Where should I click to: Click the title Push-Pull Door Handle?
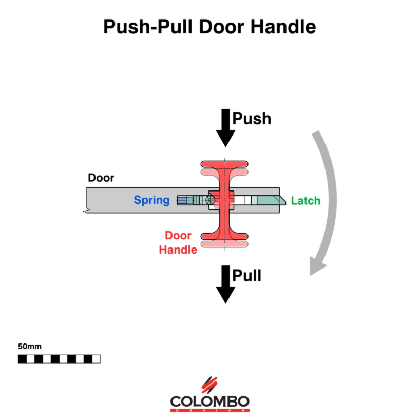point(209,26)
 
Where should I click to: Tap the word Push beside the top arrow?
point(252,119)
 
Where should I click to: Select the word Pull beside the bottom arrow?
point(247,275)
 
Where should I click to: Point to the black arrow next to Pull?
point(225,284)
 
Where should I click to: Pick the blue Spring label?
point(151,200)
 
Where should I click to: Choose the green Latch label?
point(306,201)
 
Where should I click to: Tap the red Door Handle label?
point(178,243)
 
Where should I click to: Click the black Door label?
point(101,178)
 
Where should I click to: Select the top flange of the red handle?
point(224,165)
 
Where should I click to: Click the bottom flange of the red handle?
point(224,237)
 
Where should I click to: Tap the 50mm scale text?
point(29,347)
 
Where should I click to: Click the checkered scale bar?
point(59,359)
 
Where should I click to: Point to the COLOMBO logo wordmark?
point(209,401)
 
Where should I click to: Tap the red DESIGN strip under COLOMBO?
point(209,410)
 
